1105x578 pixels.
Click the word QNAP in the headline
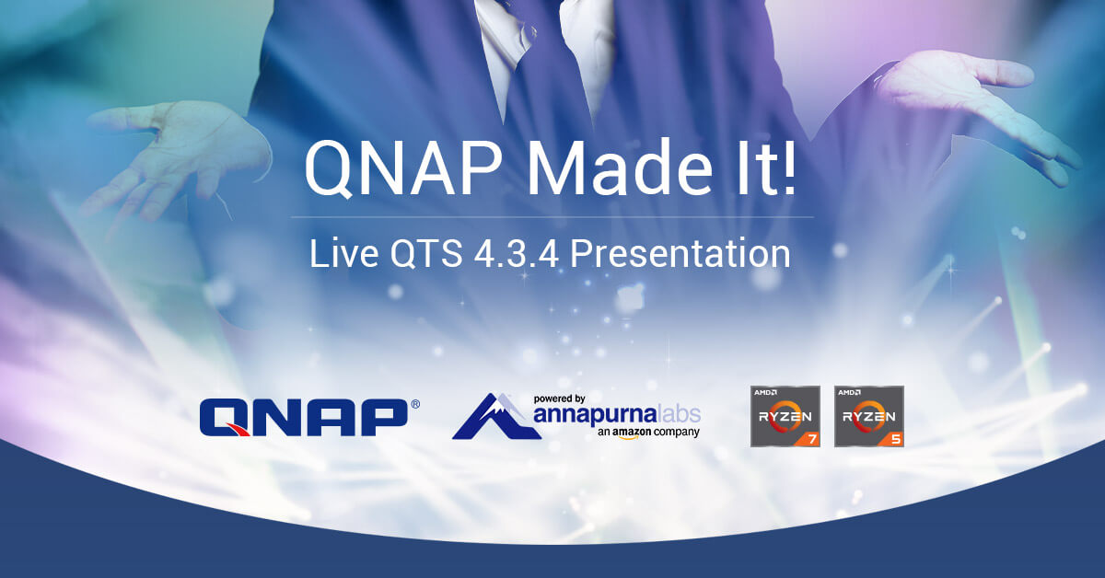click(x=403, y=168)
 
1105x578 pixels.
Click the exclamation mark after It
click(x=789, y=167)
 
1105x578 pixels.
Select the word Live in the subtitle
click(x=343, y=253)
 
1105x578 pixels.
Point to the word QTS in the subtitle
click(x=426, y=253)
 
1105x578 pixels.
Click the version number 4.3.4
click(x=516, y=253)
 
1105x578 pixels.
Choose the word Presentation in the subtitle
click(x=680, y=253)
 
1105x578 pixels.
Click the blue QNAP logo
click(x=304, y=417)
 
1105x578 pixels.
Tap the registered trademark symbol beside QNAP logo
click(x=415, y=404)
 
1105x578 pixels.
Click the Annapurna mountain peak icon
click(x=496, y=416)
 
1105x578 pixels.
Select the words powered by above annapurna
click(x=560, y=399)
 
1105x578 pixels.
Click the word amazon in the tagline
click(x=633, y=432)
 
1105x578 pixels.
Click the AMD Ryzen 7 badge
click(x=785, y=416)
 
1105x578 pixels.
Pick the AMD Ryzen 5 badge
click(x=869, y=416)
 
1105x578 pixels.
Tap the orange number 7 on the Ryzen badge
click(x=812, y=438)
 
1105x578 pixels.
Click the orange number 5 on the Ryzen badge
click(x=896, y=438)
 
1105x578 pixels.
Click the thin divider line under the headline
click(x=552, y=217)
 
